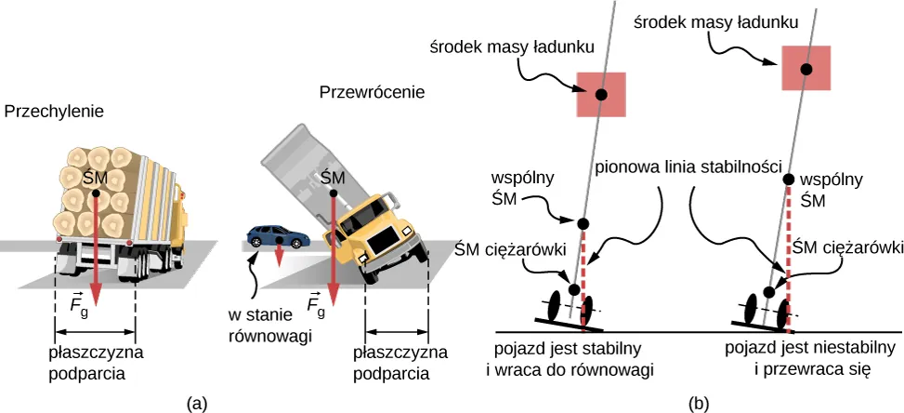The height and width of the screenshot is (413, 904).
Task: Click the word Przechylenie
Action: point(54,112)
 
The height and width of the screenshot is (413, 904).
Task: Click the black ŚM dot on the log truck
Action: point(97,193)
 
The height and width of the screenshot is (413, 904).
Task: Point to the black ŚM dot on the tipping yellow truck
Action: point(333,193)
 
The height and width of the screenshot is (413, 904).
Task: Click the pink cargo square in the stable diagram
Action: point(601,94)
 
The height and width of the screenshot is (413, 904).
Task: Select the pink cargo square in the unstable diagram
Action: point(806,70)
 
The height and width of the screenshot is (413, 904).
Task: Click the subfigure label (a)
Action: point(197,403)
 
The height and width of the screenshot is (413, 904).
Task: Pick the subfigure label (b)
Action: point(699,403)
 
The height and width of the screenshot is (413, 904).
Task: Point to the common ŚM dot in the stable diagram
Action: point(583,223)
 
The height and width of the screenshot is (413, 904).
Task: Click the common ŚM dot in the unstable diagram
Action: point(789,179)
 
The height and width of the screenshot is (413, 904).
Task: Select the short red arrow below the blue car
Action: point(280,255)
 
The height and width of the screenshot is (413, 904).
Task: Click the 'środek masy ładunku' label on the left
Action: point(493,47)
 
